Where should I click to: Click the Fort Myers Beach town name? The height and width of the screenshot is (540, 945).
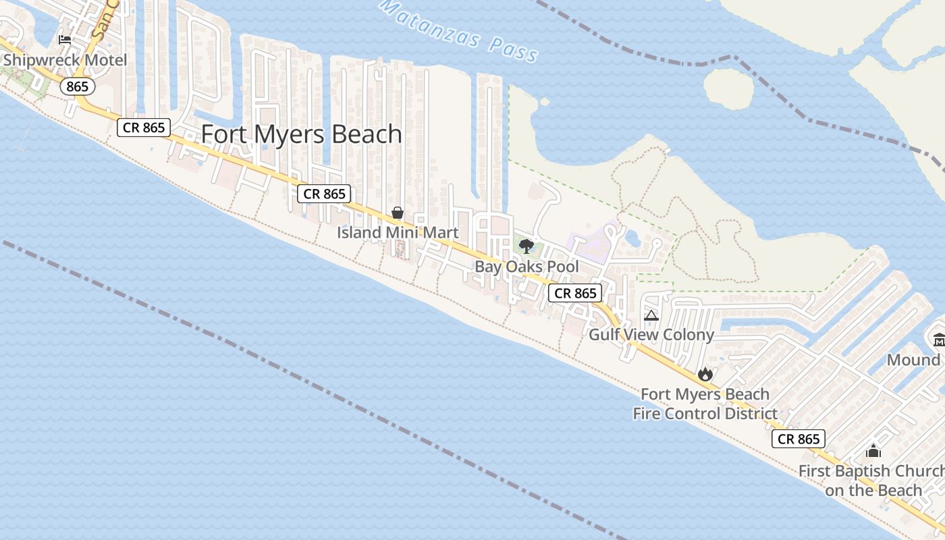point(302,134)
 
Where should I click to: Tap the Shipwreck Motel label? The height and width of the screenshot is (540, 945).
point(65,60)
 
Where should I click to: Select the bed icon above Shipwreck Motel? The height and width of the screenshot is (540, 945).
point(65,39)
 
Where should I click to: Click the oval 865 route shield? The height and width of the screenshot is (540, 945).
point(77,86)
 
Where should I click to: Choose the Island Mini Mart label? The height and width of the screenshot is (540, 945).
point(398,232)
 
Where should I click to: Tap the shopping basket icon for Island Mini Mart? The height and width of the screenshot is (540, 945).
point(398,213)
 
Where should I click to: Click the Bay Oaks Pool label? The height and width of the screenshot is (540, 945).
point(526,266)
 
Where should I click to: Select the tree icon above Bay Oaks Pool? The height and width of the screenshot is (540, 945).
point(526,246)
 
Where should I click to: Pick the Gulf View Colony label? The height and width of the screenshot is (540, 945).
point(651,334)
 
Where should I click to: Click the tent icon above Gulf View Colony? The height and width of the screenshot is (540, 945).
point(651,315)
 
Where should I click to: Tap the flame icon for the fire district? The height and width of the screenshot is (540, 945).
point(705,374)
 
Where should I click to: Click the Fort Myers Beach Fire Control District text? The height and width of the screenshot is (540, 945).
point(705,404)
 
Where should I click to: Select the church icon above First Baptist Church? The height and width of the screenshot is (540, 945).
point(873,451)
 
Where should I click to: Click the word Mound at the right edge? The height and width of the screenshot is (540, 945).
point(913,359)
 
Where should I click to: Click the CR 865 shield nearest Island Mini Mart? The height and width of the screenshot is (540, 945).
point(325,194)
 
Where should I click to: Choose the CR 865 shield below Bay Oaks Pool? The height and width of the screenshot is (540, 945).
point(575,293)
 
